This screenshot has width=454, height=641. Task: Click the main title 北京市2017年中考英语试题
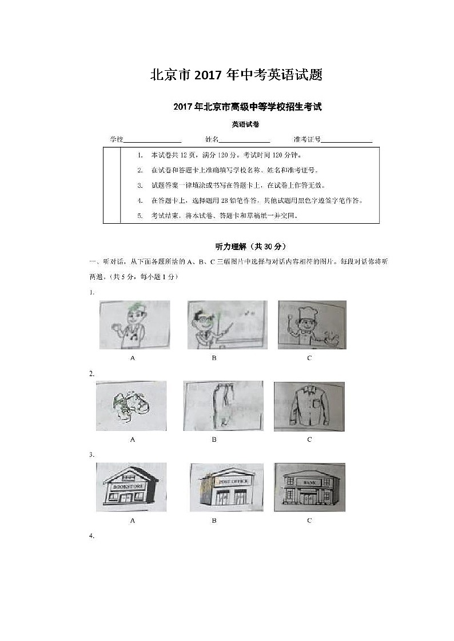[236, 75]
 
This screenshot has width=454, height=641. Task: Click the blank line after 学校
[153, 140]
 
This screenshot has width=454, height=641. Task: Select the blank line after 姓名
[244, 140]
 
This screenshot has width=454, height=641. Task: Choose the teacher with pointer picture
[226, 324]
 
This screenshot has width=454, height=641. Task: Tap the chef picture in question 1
[312, 324]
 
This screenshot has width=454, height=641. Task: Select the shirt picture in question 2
[309, 406]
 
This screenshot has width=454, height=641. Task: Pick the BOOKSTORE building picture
[132, 487]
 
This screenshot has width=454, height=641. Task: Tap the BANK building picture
[309, 487]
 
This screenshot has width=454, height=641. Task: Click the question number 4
[91, 536]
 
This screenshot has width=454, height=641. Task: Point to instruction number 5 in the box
[140, 216]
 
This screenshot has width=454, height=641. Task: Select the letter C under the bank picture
[309, 521]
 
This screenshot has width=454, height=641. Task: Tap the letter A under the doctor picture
[133, 358]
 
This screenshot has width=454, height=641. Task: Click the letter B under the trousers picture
[214, 440]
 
